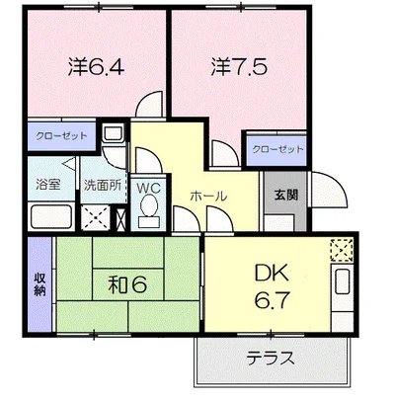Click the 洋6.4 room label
96,67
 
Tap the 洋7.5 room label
239,67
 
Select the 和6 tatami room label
127,284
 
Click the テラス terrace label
271,359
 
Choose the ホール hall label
208,197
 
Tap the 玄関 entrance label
286,195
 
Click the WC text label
149,188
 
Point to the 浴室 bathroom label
48,185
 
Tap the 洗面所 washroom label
103,186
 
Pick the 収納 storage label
39,284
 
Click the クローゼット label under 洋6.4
61,135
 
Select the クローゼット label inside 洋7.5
277,149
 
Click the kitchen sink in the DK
342,281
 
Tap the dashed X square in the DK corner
342,251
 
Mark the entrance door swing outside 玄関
329,190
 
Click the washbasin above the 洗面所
113,133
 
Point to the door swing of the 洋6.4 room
149,104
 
